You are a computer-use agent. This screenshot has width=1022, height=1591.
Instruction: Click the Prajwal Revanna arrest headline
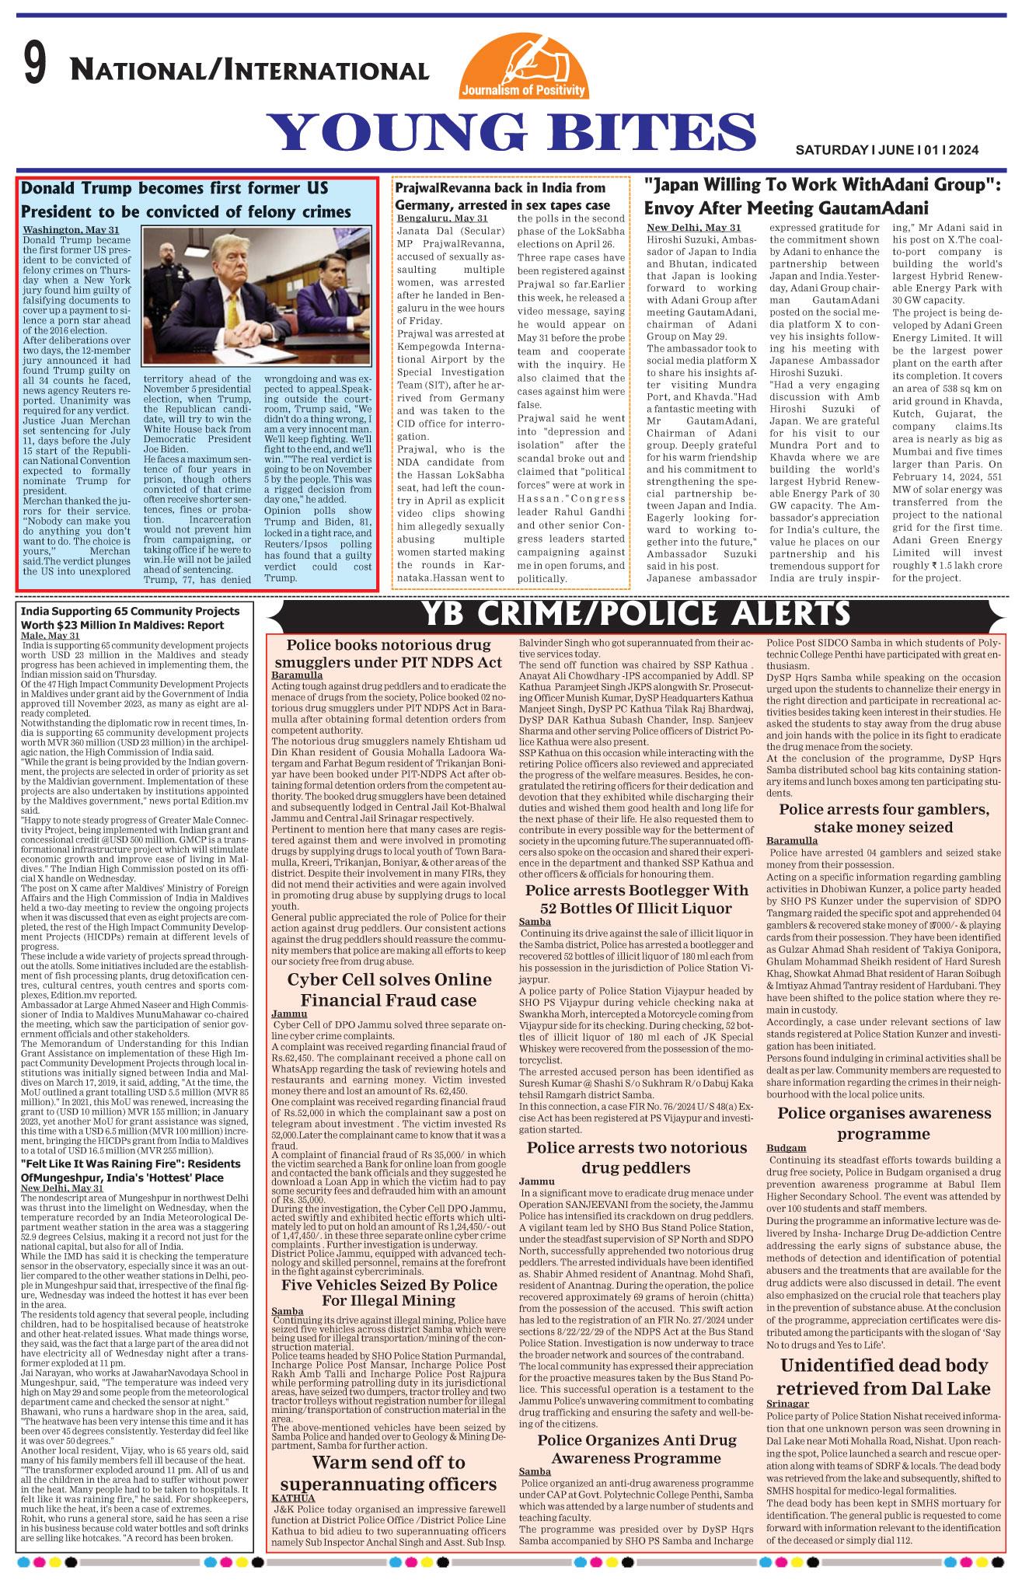pyautogui.click(x=502, y=197)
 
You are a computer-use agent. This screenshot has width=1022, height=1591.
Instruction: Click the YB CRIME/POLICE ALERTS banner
pyautogui.click(x=635, y=615)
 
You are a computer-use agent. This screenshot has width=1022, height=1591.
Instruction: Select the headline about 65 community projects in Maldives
pyautogui.click(x=132, y=618)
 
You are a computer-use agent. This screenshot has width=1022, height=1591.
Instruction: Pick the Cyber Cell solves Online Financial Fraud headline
pyautogui.click(x=389, y=989)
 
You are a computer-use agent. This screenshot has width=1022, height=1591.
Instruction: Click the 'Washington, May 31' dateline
pyautogui.click(x=71, y=230)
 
